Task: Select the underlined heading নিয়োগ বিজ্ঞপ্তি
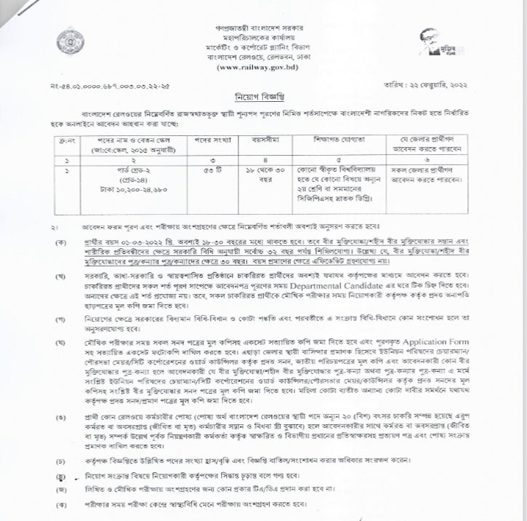[263, 97]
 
